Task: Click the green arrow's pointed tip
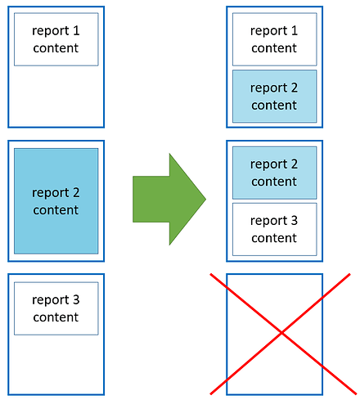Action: [x=205, y=199]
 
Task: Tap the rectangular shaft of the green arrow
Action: [x=151, y=199]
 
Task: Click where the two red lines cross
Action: [x=281, y=333]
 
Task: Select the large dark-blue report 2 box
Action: [x=56, y=201]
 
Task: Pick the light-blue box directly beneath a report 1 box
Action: [x=275, y=97]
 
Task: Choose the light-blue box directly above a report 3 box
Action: [x=275, y=173]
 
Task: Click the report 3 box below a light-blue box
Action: [x=275, y=229]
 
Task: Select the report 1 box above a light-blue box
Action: [x=275, y=39]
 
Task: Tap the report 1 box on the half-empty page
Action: [x=56, y=39]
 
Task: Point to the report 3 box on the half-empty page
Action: [x=56, y=308]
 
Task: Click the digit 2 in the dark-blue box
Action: [x=76, y=192]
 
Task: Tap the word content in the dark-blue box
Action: [x=56, y=210]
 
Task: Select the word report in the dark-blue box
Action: [x=51, y=193]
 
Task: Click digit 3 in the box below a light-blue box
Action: [x=294, y=220]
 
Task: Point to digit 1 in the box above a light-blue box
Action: [x=295, y=30]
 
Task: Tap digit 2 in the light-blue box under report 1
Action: [x=295, y=88]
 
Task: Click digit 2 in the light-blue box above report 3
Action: [x=295, y=164]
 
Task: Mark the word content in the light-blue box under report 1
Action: [x=274, y=106]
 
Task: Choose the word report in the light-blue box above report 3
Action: [x=268, y=164]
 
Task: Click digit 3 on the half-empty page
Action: [x=76, y=299]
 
